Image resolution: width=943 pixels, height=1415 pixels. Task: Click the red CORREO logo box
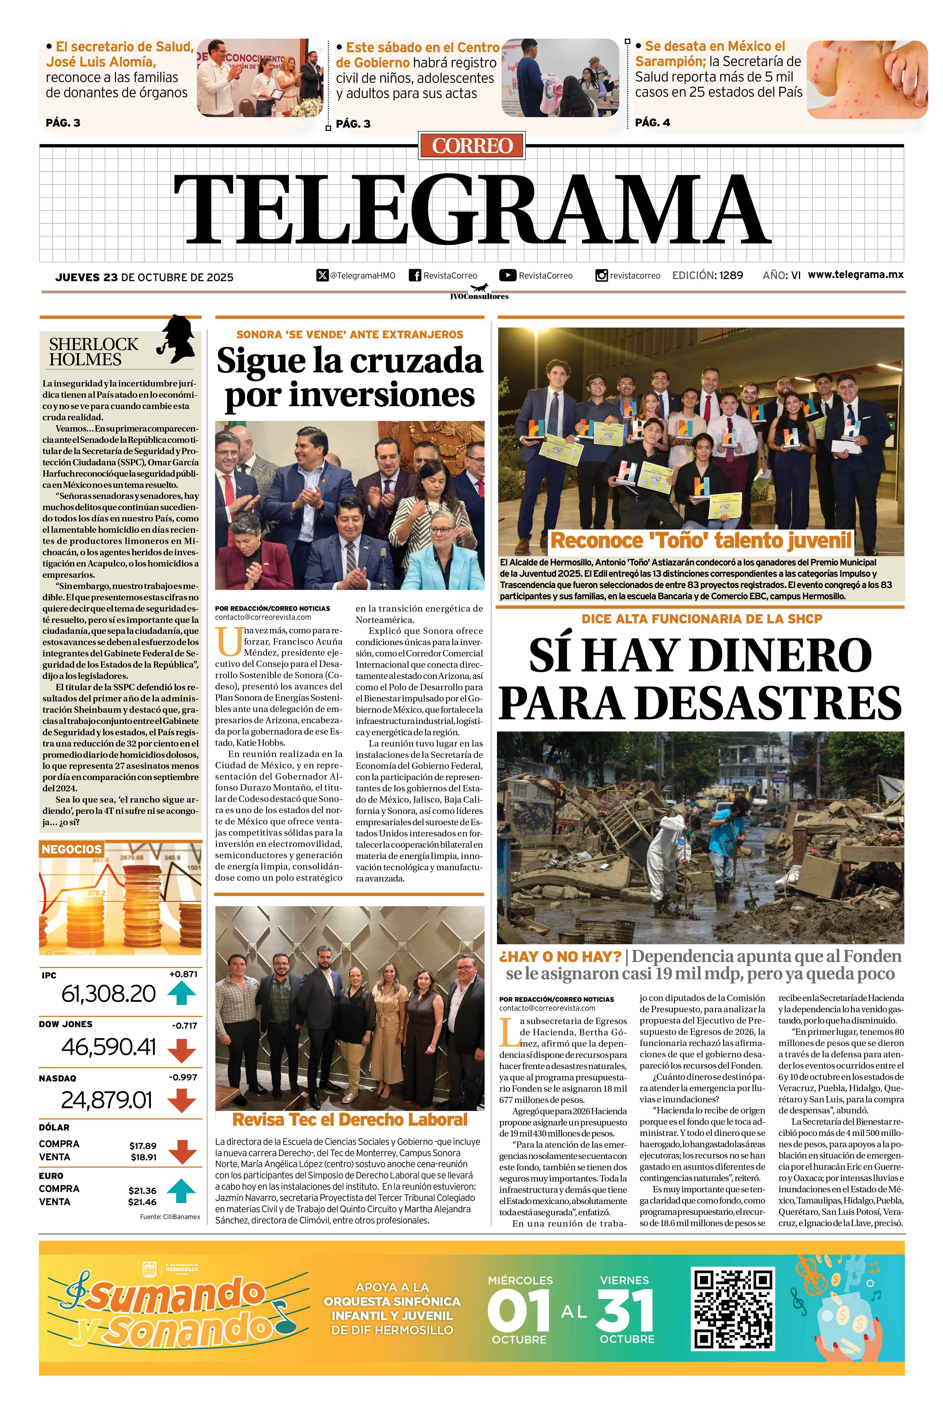471,146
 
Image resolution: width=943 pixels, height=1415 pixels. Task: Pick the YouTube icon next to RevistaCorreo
508,276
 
